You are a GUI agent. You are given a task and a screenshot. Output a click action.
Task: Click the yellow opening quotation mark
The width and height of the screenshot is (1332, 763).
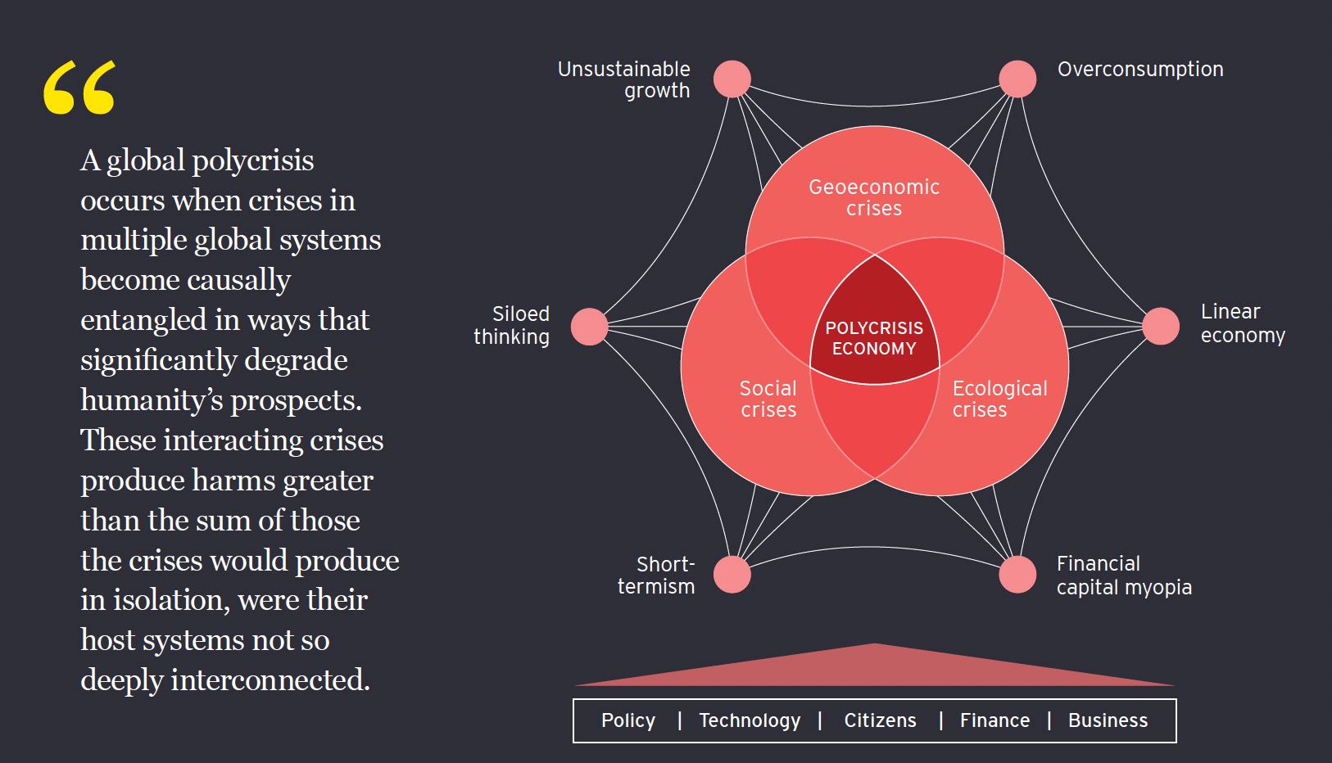[x=79, y=87]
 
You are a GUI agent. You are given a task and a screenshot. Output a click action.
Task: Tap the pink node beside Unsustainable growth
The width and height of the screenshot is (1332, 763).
[x=732, y=79]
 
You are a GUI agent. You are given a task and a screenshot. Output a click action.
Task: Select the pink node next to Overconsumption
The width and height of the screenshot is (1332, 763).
[x=1017, y=79]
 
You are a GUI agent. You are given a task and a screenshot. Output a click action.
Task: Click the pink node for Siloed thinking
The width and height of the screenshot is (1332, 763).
[x=589, y=327]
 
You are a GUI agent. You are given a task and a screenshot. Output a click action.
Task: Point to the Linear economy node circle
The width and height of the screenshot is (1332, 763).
[x=1160, y=326]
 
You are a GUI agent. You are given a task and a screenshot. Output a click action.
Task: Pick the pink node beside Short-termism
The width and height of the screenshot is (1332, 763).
[x=732, y=574]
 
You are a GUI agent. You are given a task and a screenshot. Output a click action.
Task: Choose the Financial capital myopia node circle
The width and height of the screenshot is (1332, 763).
[x=1017, y=574]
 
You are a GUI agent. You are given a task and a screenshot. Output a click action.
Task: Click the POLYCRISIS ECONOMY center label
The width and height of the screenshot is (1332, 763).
[x=874, y=338]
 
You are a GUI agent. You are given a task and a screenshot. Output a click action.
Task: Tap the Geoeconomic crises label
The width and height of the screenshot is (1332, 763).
[x=874, y=197]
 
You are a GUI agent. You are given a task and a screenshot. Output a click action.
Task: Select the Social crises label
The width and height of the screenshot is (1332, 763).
[x=768, y=399]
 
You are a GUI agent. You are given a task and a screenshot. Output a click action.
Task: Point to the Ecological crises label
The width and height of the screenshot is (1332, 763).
[x=999, y=399]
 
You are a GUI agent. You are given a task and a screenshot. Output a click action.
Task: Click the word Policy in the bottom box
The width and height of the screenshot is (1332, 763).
[x=628, y=720]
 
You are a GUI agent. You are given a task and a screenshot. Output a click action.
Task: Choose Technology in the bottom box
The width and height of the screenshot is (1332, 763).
[x=750, y=720]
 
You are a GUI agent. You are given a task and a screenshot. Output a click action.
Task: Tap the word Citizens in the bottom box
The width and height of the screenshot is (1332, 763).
[x=880, y=720]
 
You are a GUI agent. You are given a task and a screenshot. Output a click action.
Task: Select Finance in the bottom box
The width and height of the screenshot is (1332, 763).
[x=994, y=720]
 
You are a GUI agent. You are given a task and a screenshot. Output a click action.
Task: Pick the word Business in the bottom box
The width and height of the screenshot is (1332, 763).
[x=1108, y=720]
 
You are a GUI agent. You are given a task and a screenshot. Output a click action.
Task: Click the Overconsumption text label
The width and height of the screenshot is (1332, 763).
[x=1140, y=70]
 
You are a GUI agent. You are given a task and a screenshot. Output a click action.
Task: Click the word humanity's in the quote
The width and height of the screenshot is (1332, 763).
[x=152, y=400]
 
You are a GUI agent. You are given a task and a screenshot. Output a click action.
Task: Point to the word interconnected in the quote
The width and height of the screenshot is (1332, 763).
[x=270, y=680]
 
